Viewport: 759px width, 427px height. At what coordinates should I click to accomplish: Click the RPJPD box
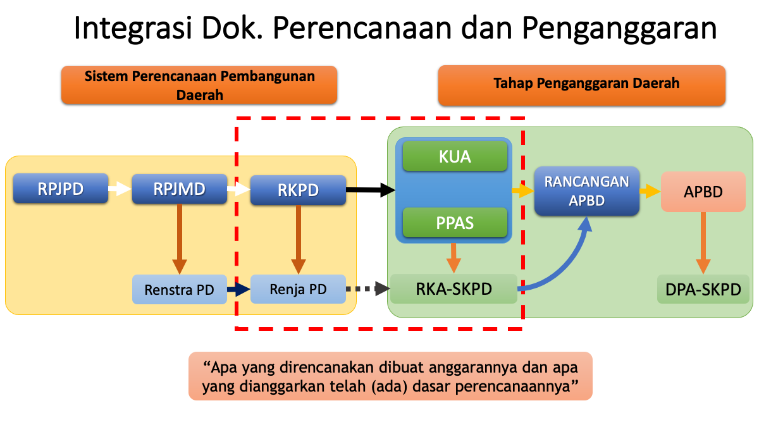[59, 189]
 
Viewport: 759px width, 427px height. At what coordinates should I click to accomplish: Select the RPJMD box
[179, 189]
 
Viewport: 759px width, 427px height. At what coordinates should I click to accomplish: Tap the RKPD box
[298, 189]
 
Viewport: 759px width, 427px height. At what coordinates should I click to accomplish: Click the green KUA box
[455, 156]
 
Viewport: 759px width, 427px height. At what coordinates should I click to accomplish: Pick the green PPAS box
[455, 223]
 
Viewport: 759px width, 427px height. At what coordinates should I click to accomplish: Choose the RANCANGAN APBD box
[587, 191]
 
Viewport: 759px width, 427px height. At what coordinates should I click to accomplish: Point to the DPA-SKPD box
[703, 290]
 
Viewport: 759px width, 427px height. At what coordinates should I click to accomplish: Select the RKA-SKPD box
[454, 289]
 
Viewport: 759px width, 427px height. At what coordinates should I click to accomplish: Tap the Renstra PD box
[179, 290]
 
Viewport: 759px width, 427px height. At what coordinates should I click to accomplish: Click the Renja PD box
[298, 290]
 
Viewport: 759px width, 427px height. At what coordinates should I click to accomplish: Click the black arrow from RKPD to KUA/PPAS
[371, 189]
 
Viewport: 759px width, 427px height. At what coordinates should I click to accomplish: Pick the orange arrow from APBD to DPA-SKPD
[703, 244]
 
